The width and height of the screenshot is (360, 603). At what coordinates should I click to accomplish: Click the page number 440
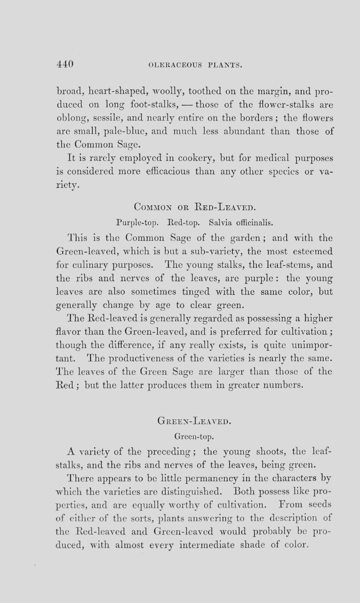click(65, 64)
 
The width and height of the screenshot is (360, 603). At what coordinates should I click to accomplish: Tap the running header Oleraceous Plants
click(194, 66)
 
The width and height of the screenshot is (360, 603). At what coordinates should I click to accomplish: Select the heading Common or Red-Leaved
click(194, 207)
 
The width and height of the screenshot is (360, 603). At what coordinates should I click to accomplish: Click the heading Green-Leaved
click(194, 420)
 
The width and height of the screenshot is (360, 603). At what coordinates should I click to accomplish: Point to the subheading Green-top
click(194, 437)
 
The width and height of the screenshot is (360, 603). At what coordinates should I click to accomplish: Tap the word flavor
click(68, 331)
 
